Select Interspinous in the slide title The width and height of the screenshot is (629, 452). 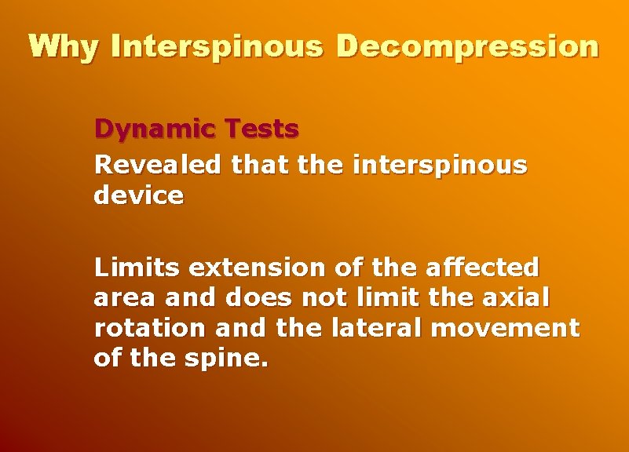pyautogui.click(x=218, y=47)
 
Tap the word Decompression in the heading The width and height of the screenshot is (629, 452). pyautogui.click(x=467, y=47)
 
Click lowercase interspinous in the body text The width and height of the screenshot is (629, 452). pyautogui.click(x=441, y=166)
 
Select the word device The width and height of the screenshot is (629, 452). pyautogui.click(x=138, y=195)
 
